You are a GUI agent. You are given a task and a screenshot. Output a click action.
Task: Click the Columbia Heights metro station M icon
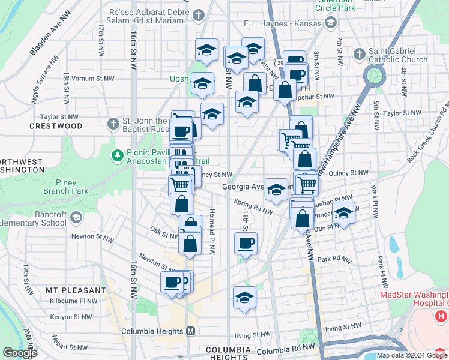(191, 331)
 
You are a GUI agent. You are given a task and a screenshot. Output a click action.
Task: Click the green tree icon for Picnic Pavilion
(118, 156)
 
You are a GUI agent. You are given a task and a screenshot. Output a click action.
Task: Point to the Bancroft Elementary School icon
(75, 217)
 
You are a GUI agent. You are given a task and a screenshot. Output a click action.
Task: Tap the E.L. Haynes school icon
(330, 23)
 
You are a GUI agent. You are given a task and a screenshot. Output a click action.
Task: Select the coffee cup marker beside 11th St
(246, 244)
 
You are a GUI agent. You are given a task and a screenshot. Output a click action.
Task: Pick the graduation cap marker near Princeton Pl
(343, 214)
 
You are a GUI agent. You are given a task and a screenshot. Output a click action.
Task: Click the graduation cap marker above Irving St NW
(244, 298)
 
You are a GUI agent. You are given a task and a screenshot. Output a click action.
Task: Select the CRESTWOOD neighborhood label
(56, 126)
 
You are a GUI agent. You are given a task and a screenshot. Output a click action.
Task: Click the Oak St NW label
(164, 230)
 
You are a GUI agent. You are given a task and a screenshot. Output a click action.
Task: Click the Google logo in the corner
(20, 353)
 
